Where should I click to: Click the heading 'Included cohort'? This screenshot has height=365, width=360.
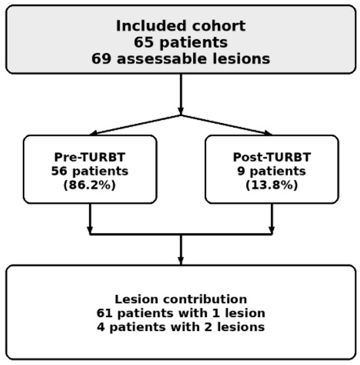pyautogui.click(x=181, y=26)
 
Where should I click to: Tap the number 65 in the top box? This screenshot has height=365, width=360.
pyautogui.click(x=143, y=43)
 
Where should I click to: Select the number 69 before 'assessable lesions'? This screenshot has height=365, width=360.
pyautogui.click(x=101, y=59)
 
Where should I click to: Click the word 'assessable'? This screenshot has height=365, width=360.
pyautogui.click(x=162, y=59)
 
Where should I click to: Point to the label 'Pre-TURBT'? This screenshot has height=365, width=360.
pyautogui.click(x=90, y=157)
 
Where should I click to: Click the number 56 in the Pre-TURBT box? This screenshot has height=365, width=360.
pyautogui.click(x=60, y=171)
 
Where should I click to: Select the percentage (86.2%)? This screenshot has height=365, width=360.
pyautogui.click(x=90, y=185)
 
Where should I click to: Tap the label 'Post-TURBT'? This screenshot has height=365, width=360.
pyautogui.click(x=272, y=157)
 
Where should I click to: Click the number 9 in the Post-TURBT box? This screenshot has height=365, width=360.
pyautogui.click(x=242, y=171)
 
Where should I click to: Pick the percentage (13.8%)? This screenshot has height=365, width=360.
pyautogui.click(x=272, y=185)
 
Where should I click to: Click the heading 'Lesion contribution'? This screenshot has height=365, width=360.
pyautogui.click(x=181, y=299)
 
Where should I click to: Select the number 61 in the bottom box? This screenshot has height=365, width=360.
pyautogui.click(x=105, y=313)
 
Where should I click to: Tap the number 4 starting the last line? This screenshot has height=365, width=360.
pyautogui.click(x=101, y=327)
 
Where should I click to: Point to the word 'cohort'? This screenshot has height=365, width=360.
pyautogui.click(x=219, y=26)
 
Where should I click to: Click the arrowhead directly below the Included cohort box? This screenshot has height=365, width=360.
pyautogui.click(x=181, y=111)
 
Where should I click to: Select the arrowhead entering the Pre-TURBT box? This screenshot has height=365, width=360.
pyautogui.click(x=94, y=133)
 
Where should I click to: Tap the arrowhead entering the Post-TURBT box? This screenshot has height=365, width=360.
pyautogui.click(x=268, y=133)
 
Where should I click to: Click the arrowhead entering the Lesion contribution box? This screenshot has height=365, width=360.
pyautogui.click(x=181, y=261)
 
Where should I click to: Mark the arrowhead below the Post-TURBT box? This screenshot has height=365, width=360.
pyautogui.click(x=272, y=231)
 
